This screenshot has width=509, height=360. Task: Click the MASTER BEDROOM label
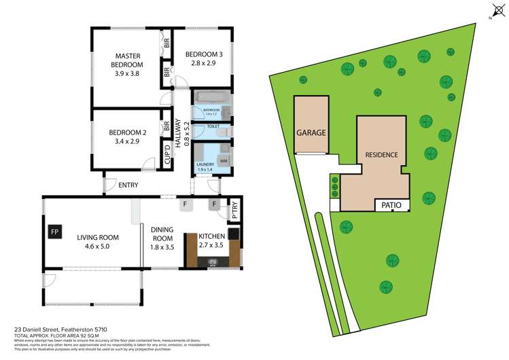(x=127, y=60)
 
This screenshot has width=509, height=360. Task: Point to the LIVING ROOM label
(x=97, y=238)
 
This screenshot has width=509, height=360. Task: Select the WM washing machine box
(x=224, y=160)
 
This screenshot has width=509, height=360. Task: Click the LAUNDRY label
(x=205, y=164)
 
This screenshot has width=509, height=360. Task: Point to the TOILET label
(x=212, y=126)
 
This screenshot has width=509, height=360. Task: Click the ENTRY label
(x=128, y=185)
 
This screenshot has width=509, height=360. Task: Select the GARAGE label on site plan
(x=311, y=133)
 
